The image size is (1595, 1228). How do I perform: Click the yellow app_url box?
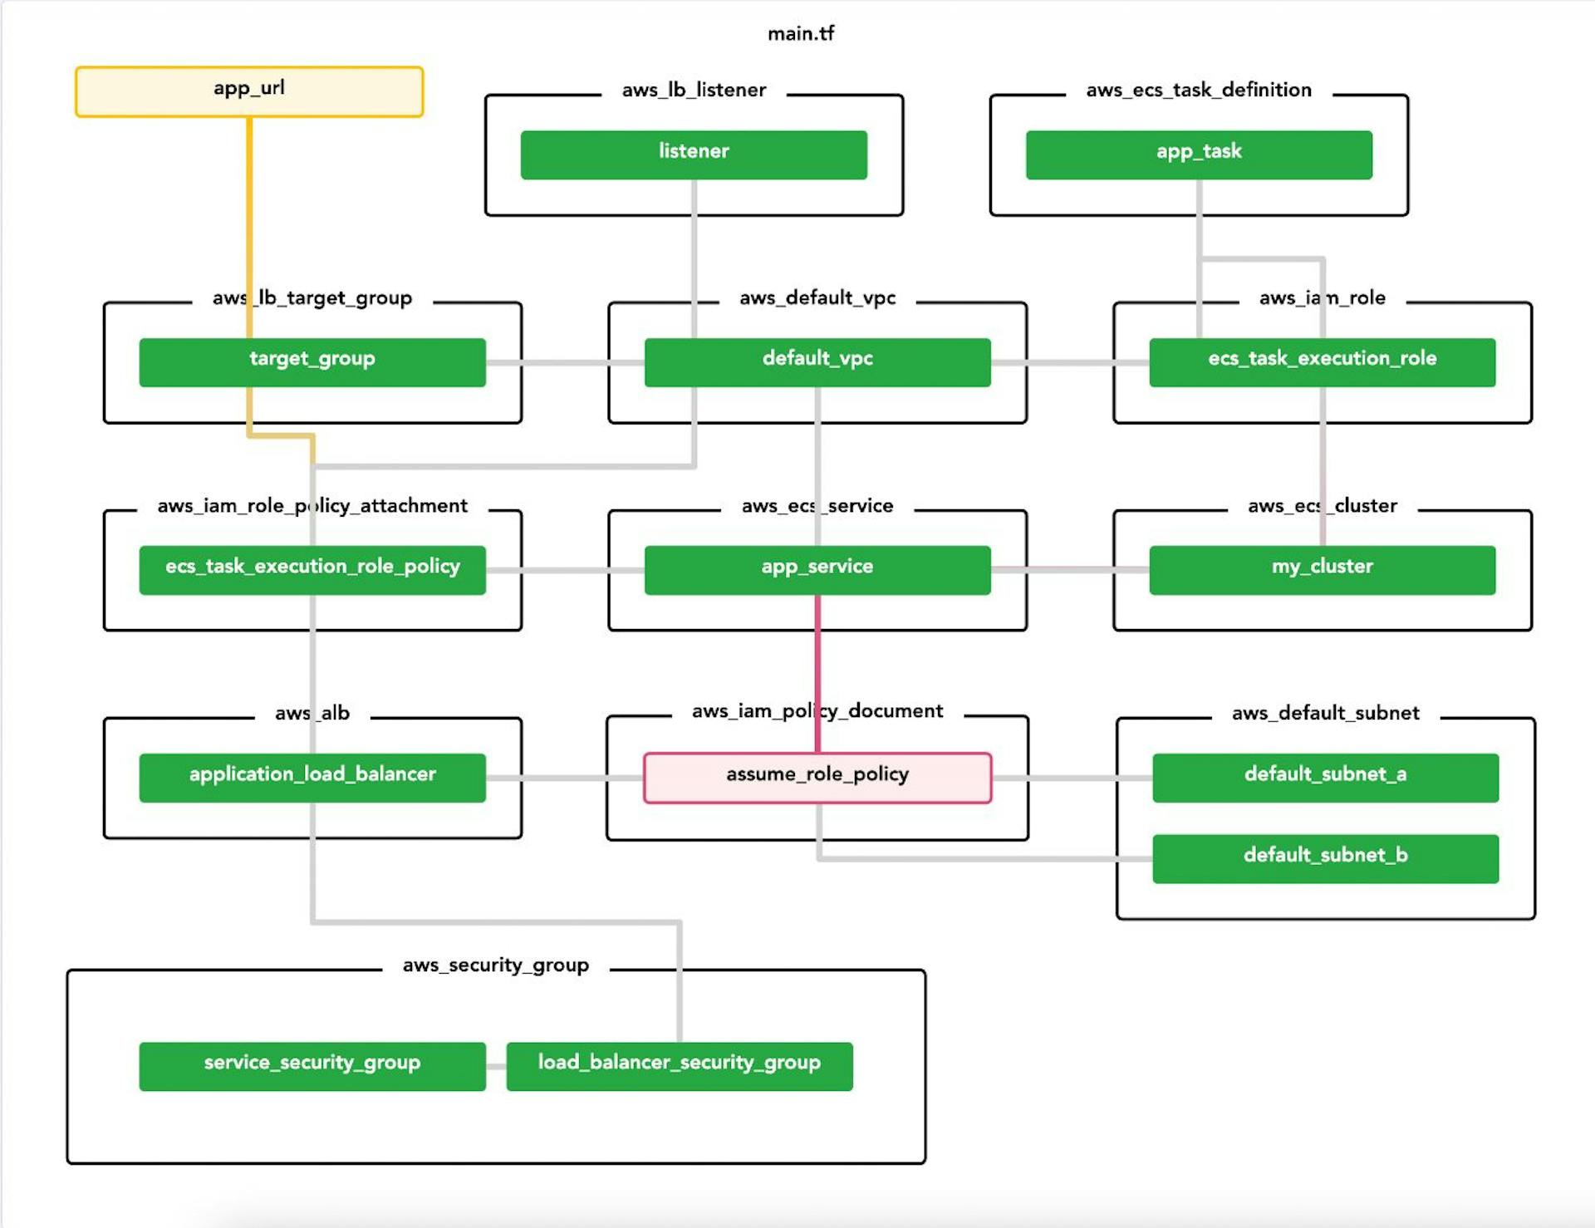tap(248, 91)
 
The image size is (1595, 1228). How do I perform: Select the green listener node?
tap(694, 155)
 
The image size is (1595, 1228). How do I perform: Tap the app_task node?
tap(1199, 155)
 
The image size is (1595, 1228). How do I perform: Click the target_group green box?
tap(312, 362)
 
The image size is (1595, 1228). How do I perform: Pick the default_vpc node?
tap(817, 362)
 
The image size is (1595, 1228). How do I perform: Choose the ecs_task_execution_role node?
tap(1322, 362)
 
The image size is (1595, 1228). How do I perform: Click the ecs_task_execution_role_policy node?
tap(312, 570)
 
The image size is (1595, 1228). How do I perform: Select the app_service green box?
tap(817, 570)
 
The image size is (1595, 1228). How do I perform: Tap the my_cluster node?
tap(1322, 570)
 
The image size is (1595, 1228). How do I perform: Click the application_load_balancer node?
tap(312, 778)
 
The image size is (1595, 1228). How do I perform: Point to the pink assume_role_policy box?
tap(817, 778)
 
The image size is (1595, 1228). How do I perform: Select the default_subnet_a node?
tap(1325, 778)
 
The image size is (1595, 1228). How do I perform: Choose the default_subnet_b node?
tap(1325, 858)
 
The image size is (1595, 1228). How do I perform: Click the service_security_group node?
tap(312, 1066)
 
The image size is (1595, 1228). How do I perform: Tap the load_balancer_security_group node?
tap(680, 1066)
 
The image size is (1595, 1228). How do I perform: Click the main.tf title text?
tap(800, 33)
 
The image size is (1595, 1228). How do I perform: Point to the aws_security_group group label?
tap(496, 965)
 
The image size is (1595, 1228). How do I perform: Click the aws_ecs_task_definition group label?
tap(1199, 90)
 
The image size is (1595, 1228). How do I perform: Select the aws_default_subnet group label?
tap(1325, 713)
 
